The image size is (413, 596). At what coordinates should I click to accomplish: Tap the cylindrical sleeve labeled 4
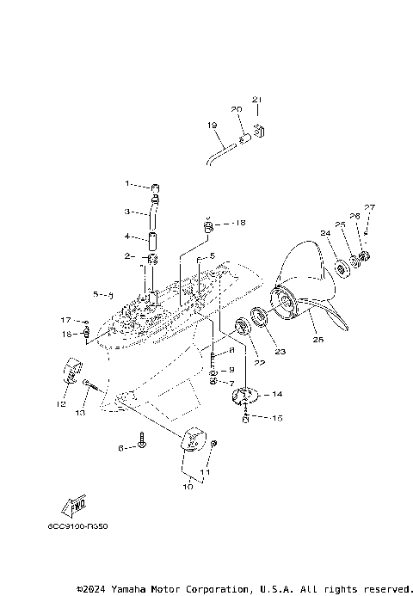[x=152, y=237]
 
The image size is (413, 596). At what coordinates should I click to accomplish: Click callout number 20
[x=236, y=109]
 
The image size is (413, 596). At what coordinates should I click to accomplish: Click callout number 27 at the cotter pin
[x=369, y=207]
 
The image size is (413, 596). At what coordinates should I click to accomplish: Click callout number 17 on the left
[x=65, y=320]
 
